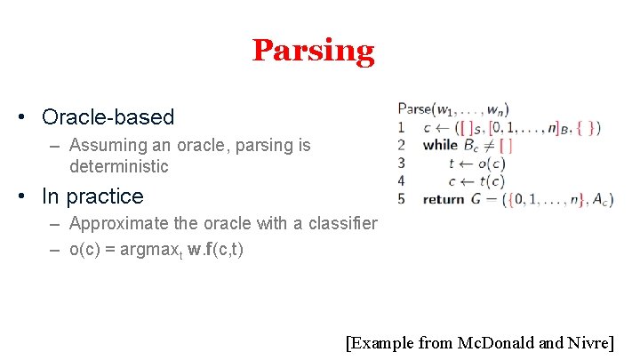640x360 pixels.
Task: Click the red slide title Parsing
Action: pyautogui.click(x=313, y=51)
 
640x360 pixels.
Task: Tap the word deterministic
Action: pyautogui.click(x=118, y=166)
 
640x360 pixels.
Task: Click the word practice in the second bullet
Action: pyautogui.click(x=106, y=196)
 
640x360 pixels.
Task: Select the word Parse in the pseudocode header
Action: pyautogui.click(x=413, y=108)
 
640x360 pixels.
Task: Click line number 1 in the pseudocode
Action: pyautogui.click(x=402, y=127)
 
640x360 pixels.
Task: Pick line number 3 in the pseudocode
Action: pyautogui.click(x=402, y=163)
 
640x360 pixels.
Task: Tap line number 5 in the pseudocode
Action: pyautogui.click(x=402, y=199)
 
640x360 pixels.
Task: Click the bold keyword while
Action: pyautogui.click(x=440, y=145)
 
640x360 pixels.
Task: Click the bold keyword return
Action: pyautogui.click(x=444, y=199)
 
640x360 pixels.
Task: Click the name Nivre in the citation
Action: pyautogui.click(x=588, y=342)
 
